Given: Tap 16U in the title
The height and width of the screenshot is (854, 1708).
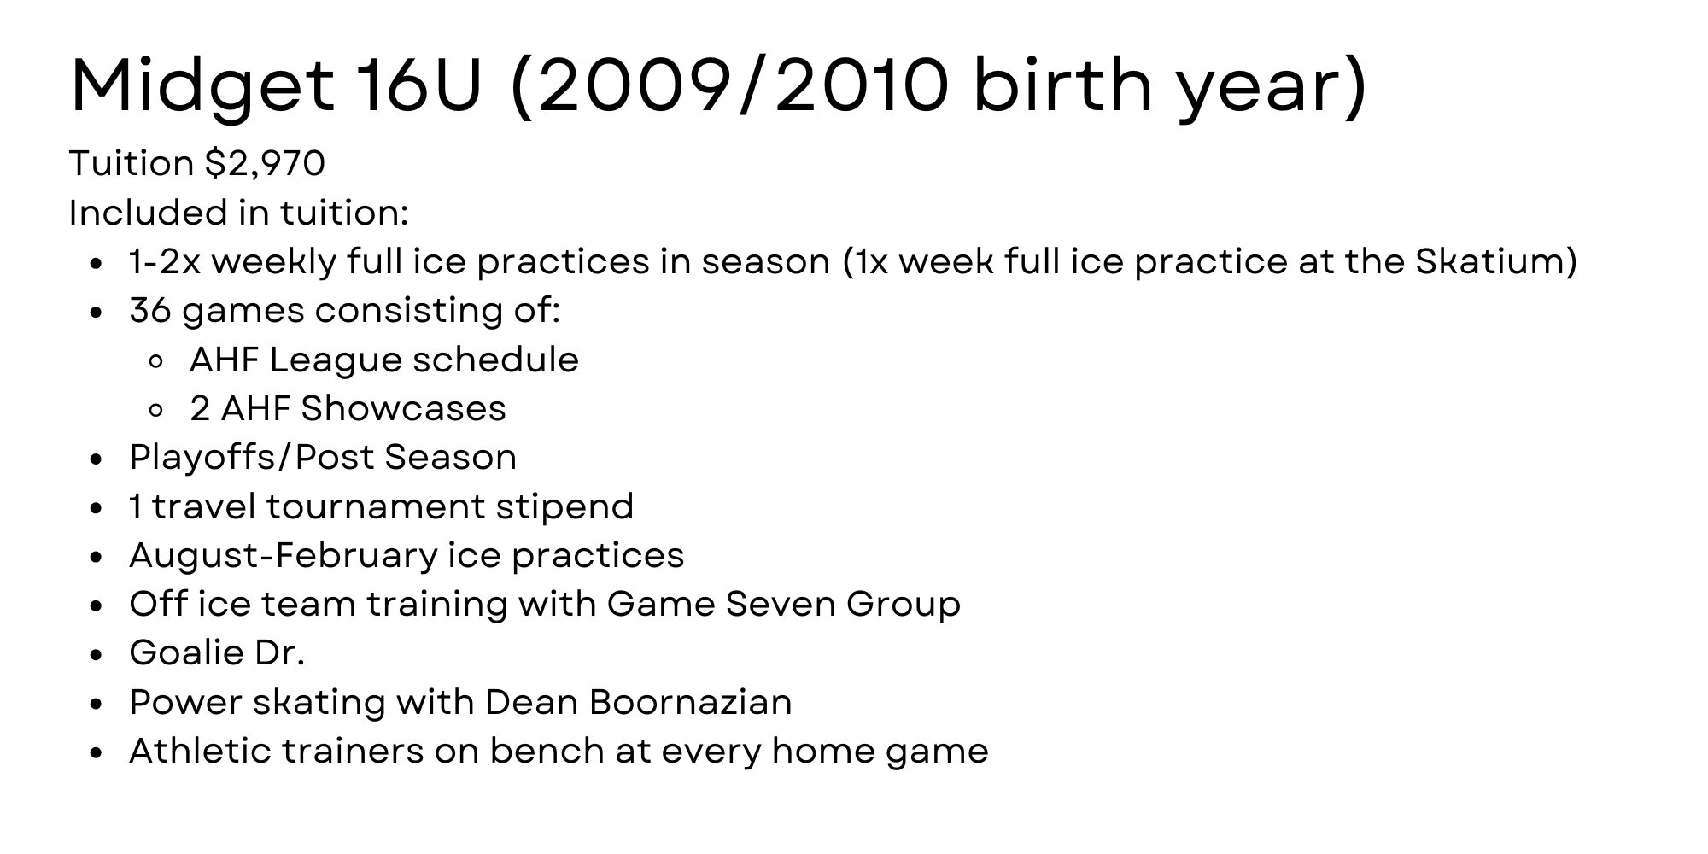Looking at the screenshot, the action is pyautogui.click(x=419, y=86).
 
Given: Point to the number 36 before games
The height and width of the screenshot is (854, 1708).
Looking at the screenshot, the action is pyautogui.click(x=150, y=310).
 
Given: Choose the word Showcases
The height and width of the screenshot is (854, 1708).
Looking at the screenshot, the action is pyautogui.click(x=403, y=408).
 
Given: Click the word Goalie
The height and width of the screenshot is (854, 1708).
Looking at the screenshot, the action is pyautogui.click(x=175, y=653).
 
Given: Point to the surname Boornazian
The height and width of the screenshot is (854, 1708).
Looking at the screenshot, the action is pyautogui.click(x=690, y=702).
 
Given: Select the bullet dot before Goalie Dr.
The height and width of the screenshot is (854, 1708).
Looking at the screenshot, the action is pyautogui.click(x=97, y=655).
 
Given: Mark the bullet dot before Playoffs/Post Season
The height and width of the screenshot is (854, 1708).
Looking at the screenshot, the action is pyautogui.click(x=97, y=459).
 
